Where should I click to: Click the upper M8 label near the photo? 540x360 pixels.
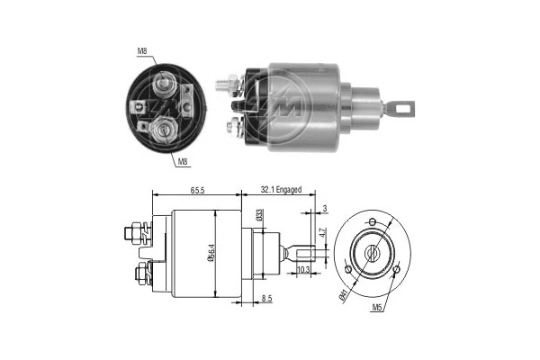pos(143,51)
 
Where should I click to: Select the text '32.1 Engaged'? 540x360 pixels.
pos(281,191)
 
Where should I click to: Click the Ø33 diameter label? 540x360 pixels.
pos(259,215)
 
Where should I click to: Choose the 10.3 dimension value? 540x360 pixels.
pos(302,270)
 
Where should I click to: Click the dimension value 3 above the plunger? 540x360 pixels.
pos(323,209)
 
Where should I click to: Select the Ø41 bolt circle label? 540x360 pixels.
pos(345,293)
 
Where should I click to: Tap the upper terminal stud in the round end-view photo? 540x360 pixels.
pos(165,86)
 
